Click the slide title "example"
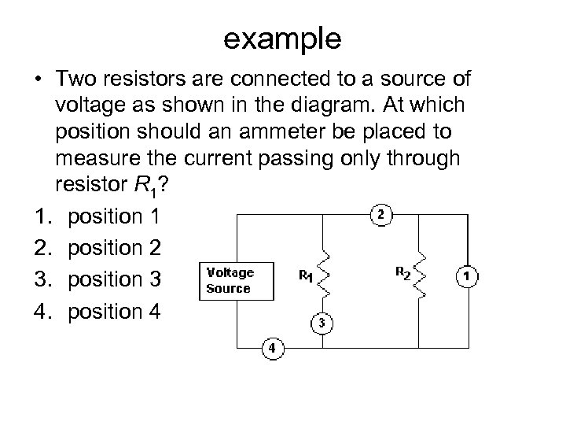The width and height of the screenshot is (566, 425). point(282,37)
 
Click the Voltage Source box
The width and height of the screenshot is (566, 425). point(236,281)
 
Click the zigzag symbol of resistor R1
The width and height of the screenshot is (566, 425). point(320,273)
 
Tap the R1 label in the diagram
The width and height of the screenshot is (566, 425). point(304,276)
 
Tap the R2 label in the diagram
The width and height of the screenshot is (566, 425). point(402,273)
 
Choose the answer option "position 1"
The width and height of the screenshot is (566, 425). point(114,216)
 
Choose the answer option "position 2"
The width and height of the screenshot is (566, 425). point(114,248)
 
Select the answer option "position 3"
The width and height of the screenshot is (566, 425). point(114,279)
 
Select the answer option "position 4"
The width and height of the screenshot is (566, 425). point(114,311)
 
